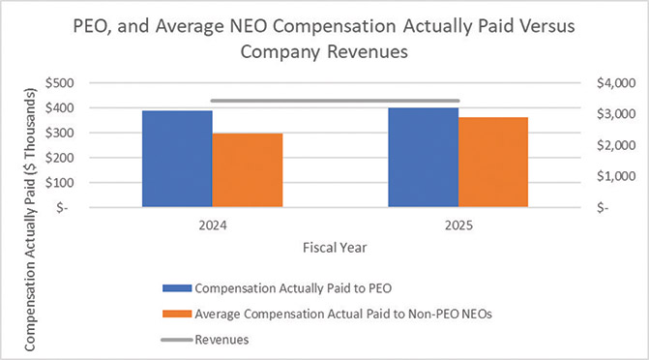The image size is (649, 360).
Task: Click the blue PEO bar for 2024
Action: (x=177, y=159)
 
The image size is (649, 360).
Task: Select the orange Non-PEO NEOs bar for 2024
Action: (x=248, y=170)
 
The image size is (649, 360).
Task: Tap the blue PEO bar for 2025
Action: (x=423, y=157)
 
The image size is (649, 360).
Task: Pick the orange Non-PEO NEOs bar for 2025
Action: (x=493, y=162)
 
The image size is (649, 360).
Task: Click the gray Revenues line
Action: (x=335, y=101)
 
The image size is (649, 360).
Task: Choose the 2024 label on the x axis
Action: (x=212, y=225)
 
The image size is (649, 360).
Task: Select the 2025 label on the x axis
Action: (x=457, y=225)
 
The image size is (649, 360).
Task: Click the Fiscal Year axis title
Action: (x=335, y=248)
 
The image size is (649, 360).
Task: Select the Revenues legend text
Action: (x=222, y=339)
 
